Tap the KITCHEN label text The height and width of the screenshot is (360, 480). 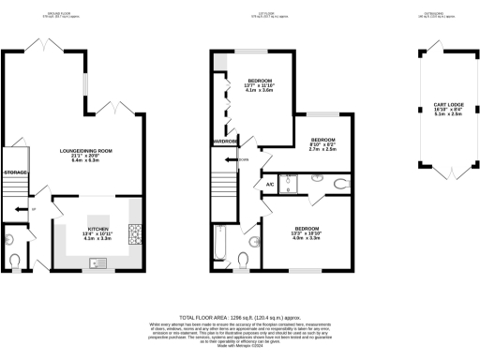(x=99, y=228)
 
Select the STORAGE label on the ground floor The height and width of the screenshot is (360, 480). (x=15, y=172)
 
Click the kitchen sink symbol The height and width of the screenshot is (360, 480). (x=97, y=260)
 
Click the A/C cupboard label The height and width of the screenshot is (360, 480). (x=269, y=185)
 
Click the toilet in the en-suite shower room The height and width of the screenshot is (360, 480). (x=338, y=184)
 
